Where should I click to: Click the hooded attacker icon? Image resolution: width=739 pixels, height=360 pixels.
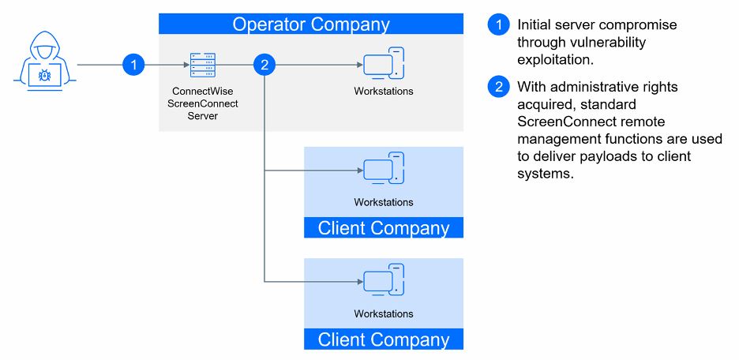(43, 61)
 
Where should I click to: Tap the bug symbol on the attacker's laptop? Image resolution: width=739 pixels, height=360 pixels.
(43, 76)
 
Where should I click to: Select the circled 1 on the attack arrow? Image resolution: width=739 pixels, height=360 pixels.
(134, 66)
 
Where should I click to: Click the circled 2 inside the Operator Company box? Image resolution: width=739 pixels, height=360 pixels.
(264, 66)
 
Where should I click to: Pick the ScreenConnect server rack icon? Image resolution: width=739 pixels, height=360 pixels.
(202, 65)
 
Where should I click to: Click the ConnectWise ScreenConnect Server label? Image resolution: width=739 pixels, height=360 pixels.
(204, 103)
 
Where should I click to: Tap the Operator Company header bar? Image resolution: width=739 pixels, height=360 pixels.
(310, 24)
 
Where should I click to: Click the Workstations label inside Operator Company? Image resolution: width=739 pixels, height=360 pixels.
(383, 91)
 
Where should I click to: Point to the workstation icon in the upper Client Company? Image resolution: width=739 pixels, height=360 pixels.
(383, 169)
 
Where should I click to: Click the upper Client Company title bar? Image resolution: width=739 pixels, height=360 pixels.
(383, 228)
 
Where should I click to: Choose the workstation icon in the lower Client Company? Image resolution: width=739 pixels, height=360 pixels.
(383, 280)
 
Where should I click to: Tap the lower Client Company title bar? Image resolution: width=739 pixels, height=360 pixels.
(383, 339)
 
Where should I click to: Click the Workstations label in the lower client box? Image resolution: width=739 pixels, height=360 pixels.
(383, 313)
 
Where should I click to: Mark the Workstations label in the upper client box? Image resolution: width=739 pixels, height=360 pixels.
(383, 202)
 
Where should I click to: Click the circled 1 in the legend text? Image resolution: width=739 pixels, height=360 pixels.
(498, 24)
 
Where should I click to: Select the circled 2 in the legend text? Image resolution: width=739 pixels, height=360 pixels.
(498, 87)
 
